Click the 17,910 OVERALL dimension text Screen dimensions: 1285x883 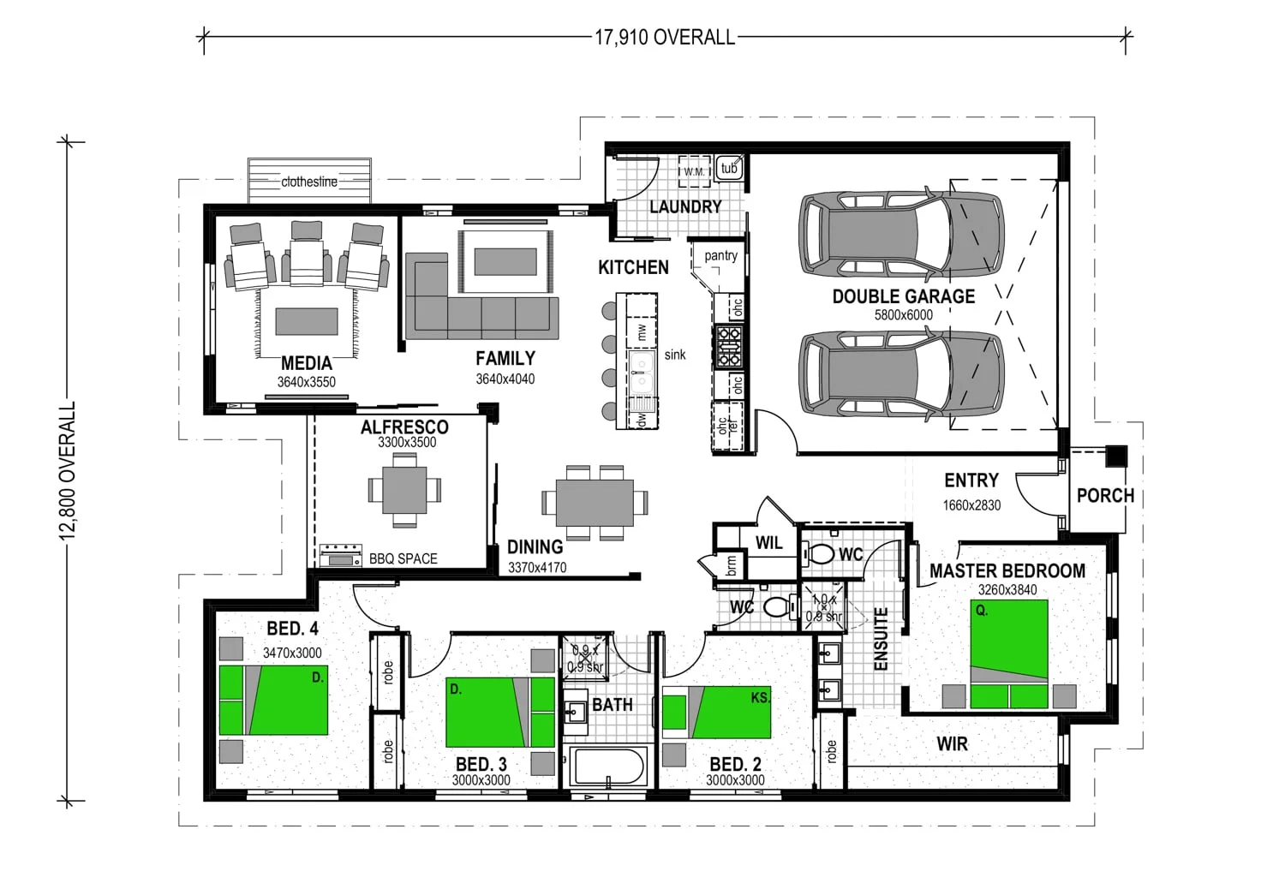(664, 38)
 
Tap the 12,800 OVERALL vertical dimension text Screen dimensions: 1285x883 (68, 471)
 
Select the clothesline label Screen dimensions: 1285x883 (309, 182)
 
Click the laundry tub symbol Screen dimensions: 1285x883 (729, 168)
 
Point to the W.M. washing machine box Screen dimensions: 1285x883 (695, 171)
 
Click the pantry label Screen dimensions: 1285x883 (721, 256)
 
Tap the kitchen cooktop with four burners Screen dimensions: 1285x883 (728, 346)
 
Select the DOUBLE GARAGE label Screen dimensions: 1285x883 (904, 296)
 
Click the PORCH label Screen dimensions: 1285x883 (1105, 495)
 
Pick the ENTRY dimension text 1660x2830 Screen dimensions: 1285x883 (971, 505)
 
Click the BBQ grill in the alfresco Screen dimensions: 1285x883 (341, 556)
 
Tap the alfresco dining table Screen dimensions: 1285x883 (404, 490)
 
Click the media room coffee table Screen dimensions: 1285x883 (307, 322)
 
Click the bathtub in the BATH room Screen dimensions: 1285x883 (607, 766)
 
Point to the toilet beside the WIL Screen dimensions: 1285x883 (820, 554)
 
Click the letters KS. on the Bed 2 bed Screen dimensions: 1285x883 (760, 698)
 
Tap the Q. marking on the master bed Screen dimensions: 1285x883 (982, 612)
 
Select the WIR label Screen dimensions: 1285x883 (953, 744)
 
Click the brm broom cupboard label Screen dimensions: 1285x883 (732, 566)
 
